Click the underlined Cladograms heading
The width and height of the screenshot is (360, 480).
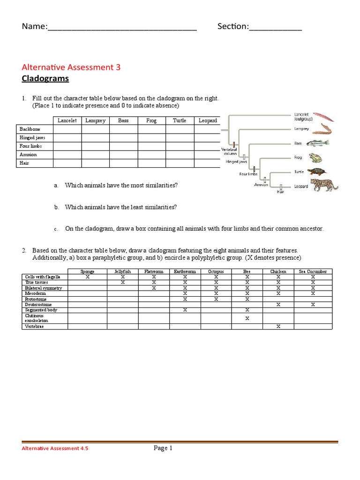pyautogui.click(x=45, y=79)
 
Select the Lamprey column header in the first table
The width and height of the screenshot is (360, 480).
pyautogui.click(x=95, y=120)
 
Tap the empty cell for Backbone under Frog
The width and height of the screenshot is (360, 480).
pyautogui.click(x=151, y=129)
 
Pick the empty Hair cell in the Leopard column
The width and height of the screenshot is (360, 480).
pyautogui.click(x=207, y=163)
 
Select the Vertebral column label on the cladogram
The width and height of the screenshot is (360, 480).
pyautogui.click(x=229, y=151)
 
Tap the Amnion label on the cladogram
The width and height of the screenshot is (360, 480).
pyautogui.click(x=261, y=185)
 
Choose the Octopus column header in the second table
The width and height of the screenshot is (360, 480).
pyautogui.click(x=216, y=271)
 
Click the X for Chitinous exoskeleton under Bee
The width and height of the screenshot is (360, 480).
pyautogui.click(x=247, y=318)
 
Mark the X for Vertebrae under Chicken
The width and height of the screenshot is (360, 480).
pyautogui.click(x=278, y=326)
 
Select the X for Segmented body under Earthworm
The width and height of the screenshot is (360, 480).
pyautogui.click(x=185, y=310)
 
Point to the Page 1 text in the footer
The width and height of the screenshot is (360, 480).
pyautogui.click(x=163, y=448)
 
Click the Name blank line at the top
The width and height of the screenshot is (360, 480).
pyautogui.click(x=122, y=27)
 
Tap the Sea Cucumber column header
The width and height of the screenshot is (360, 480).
pyautogui.click(x=313, y=271)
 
